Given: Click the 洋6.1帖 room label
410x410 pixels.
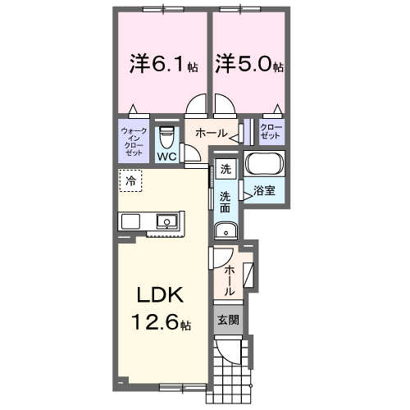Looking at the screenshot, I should point(161,64).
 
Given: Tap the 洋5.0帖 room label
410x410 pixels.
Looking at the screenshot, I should point(249,64).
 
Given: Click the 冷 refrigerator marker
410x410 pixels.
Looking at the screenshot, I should point(131,180).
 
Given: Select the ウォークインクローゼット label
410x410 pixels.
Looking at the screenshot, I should point(133,142).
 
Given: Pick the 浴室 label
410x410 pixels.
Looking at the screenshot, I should point(263,192).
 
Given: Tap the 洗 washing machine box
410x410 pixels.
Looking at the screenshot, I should point(226,171).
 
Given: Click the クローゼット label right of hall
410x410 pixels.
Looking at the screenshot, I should point(271,132).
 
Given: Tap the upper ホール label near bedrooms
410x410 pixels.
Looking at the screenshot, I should point(211,133).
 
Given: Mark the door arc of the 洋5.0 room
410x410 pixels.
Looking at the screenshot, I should point(225,107).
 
